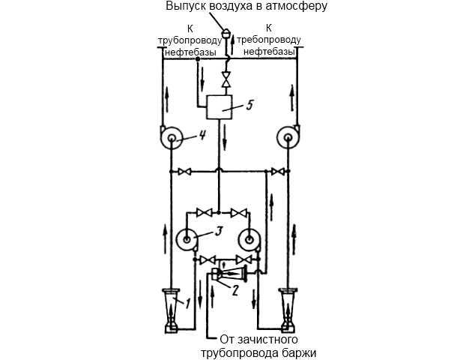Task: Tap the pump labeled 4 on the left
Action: coord(171,138)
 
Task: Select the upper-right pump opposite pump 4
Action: coord(288,138)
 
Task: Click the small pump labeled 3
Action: coord(186,241)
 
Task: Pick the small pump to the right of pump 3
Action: coord(249,241)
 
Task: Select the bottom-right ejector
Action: coord(288,307)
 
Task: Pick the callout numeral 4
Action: coord(202,135)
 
